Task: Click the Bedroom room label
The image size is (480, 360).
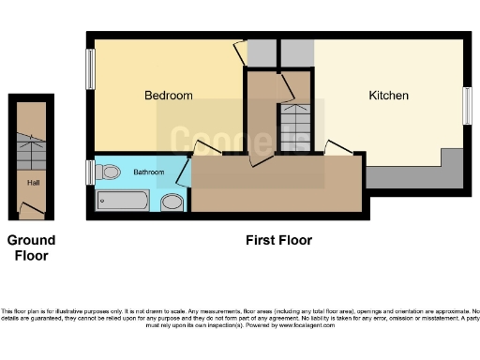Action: point(168,96)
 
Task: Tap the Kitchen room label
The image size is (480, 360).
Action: point(388,96)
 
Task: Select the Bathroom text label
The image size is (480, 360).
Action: point(148,172)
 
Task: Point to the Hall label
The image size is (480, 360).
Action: point(33,183)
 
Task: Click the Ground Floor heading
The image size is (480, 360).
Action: point(31,247)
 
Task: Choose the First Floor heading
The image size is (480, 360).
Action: point(278,240)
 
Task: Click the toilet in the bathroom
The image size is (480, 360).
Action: point(110,172)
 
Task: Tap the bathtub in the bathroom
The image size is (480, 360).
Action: point(122,201)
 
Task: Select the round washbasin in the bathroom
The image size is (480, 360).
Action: point(172,202)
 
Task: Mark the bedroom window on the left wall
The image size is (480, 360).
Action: point(91,68)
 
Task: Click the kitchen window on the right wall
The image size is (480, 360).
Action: point(467,106)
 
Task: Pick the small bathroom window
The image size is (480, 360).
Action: point(90,172)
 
